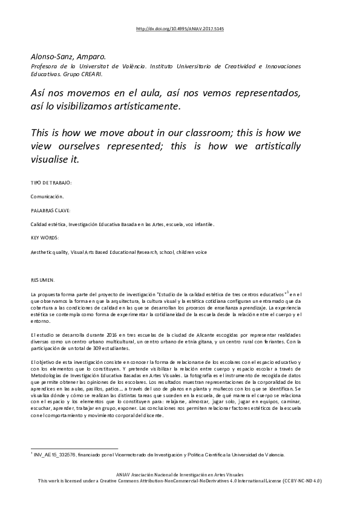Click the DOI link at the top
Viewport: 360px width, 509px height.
(x=180, y=28)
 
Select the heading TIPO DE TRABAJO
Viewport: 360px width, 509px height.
(x=51, y=182)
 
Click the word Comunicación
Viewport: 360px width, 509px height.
(x=47, y=196)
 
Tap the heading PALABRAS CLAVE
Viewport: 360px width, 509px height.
(x=50, y=210)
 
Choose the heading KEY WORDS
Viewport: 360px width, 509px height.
(x=45, y=238)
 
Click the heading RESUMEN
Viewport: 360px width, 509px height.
(x=42, y=280)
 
